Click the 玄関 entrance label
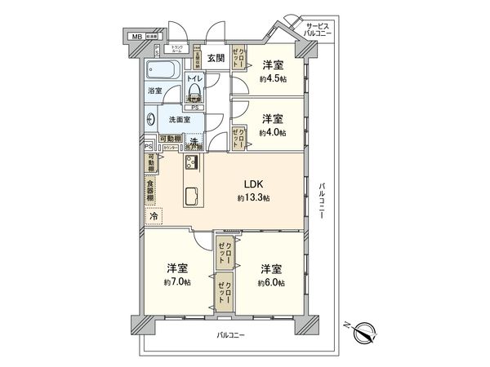click(x=215, y=57)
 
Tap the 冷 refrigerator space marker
click(x=154, y=216)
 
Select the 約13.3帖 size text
click(x=253, y=198)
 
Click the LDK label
click(x=253, y=184)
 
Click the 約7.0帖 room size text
click(x=176, y=282)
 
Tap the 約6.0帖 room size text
click(x=271, y=282)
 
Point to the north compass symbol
click(x=364, y=331)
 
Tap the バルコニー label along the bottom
click(x=231, y=336)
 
